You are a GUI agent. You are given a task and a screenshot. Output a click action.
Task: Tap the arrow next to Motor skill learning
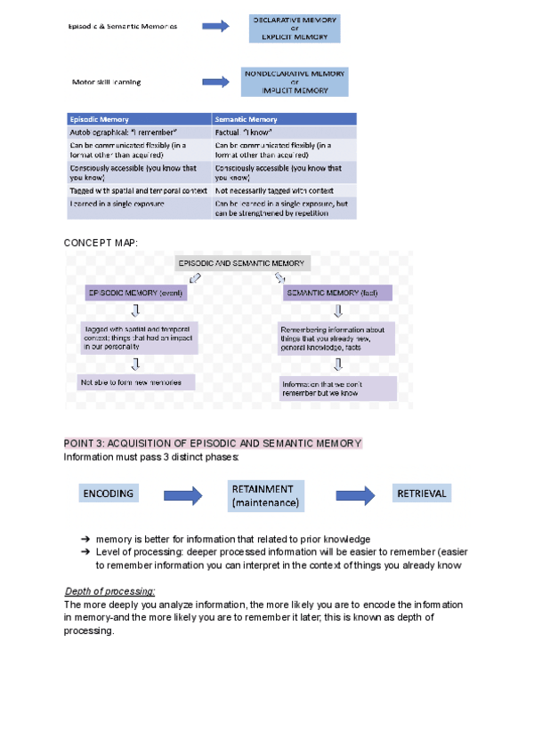pyautogui.click(x=216, y=83)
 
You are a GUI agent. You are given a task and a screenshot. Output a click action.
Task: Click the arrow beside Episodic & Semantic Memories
pyautogui.click(x=216, y=27)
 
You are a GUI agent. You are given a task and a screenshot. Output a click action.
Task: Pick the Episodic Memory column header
pyautogui.click(x=138, y=119)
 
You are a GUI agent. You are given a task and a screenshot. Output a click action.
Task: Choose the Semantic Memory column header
pyautogui.click(x=284, y=119)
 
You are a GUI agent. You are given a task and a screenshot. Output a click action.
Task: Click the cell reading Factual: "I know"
pyautogui.click(x=284, y=132)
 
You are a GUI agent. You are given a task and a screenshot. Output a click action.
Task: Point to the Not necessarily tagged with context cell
pyautogui.click(x=284, y=190)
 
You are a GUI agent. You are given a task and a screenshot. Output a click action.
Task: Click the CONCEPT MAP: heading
pyautogui.click(x=101, y=243)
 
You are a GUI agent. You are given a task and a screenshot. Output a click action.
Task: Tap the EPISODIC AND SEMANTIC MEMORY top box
pyautogui.click(x=242, y=263)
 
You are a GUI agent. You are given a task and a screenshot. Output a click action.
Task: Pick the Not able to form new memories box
pyautogui.click(x=135, y=382)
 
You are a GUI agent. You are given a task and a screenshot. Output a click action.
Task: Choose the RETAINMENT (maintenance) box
pyautogui.click(x=265, y=496)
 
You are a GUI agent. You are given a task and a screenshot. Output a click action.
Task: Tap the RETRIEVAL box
pyautogui.click(x=422, y=493)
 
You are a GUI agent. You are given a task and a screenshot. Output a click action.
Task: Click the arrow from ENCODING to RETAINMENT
pyautogui.click(x=182, y=494)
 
